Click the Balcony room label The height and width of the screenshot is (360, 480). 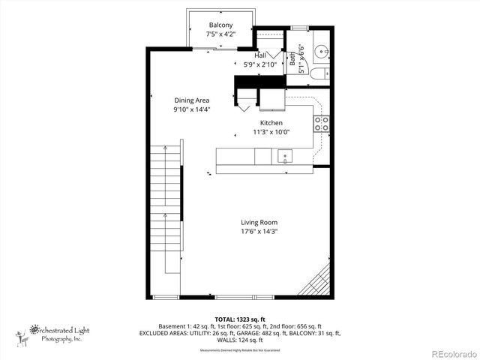pyautogui.click(x=220, y=25)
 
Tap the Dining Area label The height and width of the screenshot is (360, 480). pyautogui.click(x=191, y=100)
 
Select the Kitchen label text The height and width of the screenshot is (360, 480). pyautogui.click(x=271, y=122)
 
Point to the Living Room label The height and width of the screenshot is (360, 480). pyautogui.click(x=259, y=222)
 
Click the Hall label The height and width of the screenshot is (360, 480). pyautogui.click(x=260, y=55)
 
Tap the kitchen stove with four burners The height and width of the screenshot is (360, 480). pyautogui.click(x=321, y=124)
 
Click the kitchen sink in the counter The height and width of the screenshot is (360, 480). pyautogui.click(x=284, y=156)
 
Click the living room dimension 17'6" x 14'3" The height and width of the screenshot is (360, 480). pyautogui.click(x=259, y=232)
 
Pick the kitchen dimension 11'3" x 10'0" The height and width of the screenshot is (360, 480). pyautogui.click(x=271, y=132)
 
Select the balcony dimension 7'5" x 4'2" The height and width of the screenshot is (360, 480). pyautogui.click(x=220, y=34)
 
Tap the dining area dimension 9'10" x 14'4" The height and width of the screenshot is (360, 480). pyautogui.click(x=191, y=109)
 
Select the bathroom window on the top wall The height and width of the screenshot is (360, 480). pyautogui.click(x=301, y=28)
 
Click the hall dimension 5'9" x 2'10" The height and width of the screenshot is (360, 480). pyautogui.click(x=260, y=64)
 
